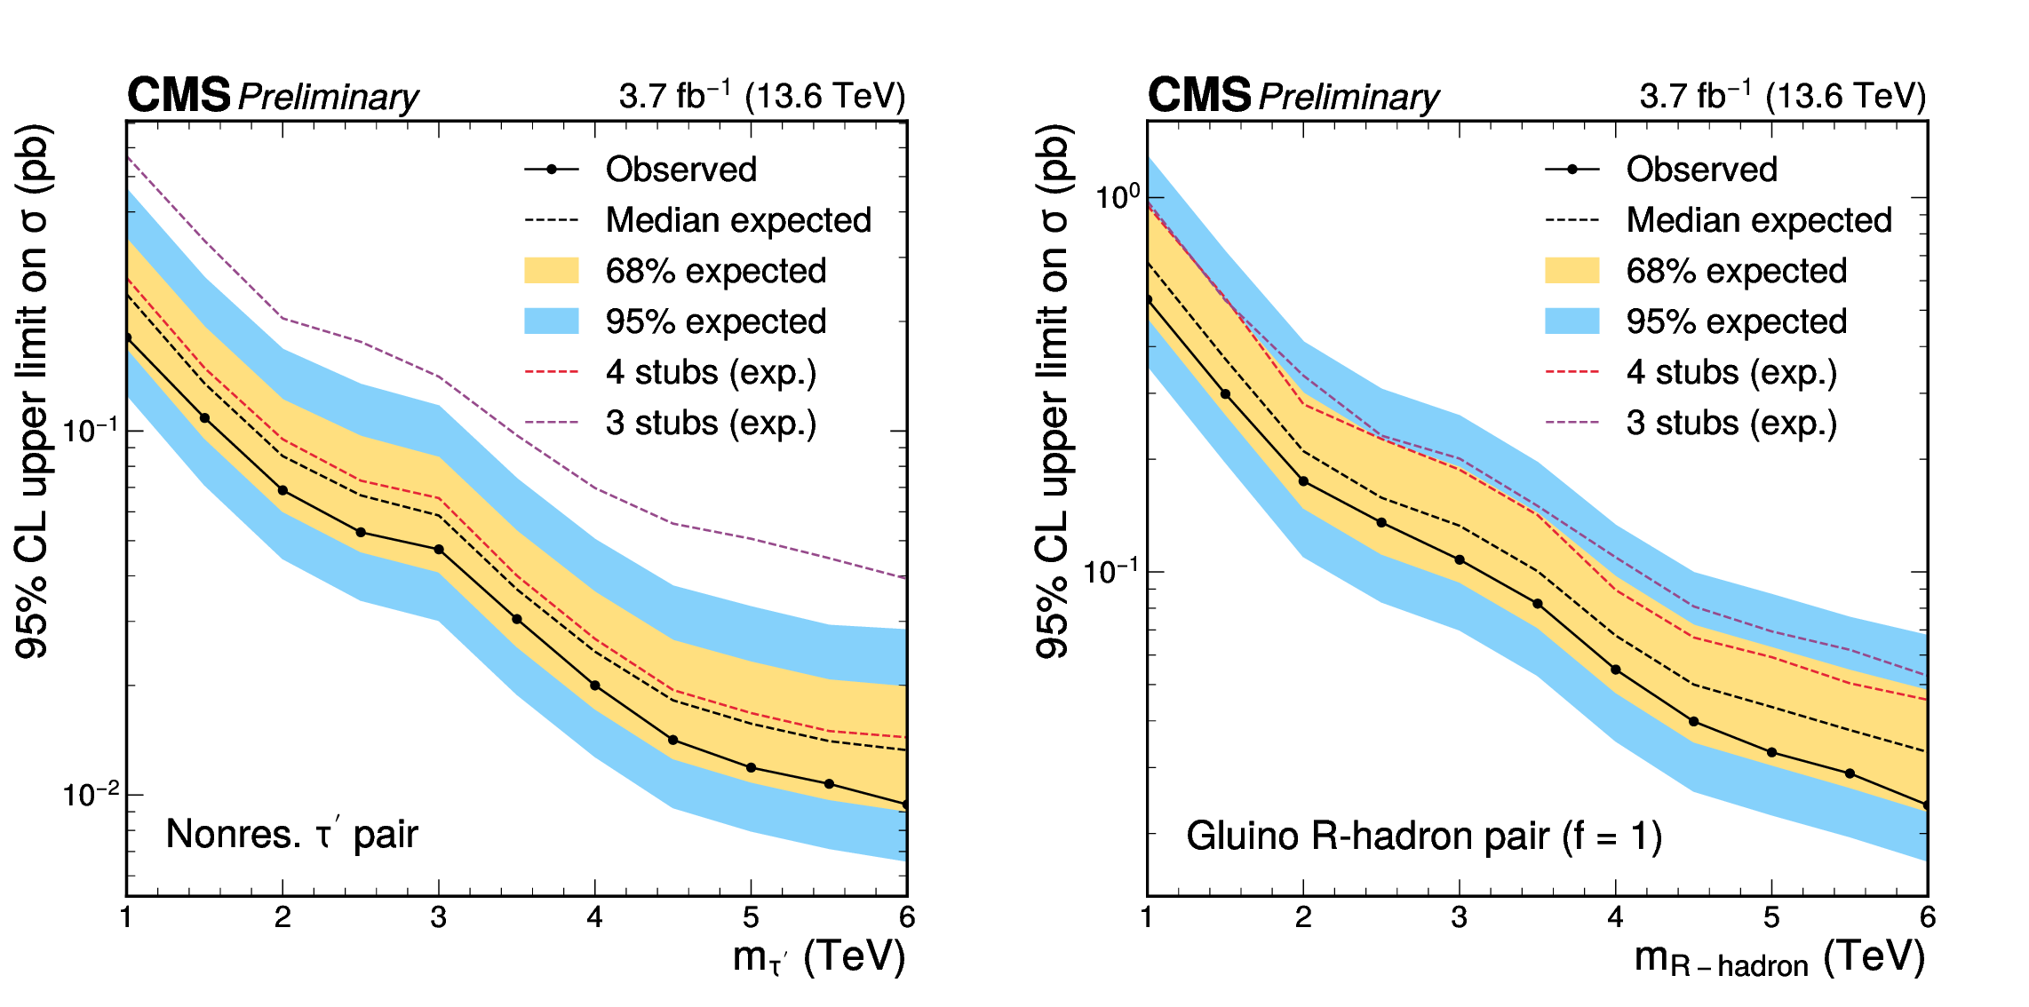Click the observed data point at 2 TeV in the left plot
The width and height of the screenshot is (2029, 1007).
click(282, 490)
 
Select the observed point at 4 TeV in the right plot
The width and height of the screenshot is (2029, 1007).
click(1615, 670)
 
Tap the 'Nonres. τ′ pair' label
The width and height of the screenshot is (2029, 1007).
click(291, 835)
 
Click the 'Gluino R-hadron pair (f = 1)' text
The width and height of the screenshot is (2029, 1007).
click(1423, 837)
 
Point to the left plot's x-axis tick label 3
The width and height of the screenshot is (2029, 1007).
click(438, 917)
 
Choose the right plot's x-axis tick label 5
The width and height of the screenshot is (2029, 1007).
click(1771, 917)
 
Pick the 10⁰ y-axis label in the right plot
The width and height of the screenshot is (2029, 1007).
click(1117, 197)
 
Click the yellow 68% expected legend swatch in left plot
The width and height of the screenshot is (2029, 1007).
click(551, 270)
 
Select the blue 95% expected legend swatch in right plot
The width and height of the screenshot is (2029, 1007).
click(1571, 321)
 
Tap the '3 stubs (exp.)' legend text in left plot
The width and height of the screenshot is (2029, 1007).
click(711, 423)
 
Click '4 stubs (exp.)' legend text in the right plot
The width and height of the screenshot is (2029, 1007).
click(1731, 372)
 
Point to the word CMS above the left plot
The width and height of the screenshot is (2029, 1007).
click(179, 95)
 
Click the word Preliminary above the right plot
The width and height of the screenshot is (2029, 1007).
click(1349, 97)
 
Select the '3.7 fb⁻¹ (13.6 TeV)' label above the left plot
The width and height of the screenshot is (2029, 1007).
click(762, 96)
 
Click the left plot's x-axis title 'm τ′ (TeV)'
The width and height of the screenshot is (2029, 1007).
click(818, 957)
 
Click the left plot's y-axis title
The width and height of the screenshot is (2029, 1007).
click(33, 391)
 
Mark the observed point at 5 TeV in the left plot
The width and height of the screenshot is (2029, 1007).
click(751, 767)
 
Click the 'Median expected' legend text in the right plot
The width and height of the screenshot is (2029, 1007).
click(1759, 220)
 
